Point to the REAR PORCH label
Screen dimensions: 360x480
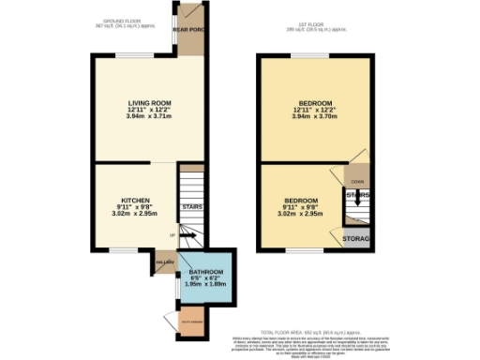(187, 29)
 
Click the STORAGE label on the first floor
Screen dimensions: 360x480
(357, 240)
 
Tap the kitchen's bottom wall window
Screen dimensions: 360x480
(123, 250)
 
